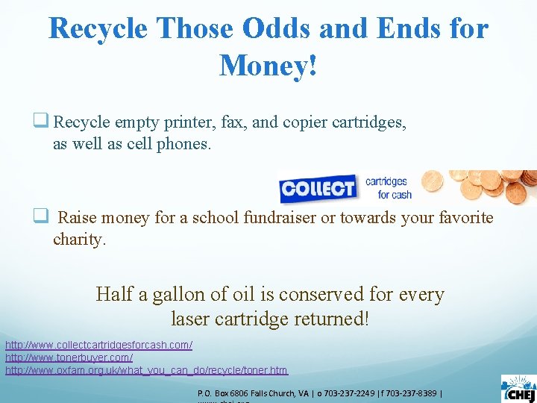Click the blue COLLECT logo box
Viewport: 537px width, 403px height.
[x=318, y=188]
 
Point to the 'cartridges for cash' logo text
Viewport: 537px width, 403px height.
[x=386, y=187]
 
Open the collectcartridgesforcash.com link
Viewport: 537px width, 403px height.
[x=98, y=345]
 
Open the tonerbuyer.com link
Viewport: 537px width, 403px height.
[x=69, y=357]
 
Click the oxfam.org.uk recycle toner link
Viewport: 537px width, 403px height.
[x=146, y=370]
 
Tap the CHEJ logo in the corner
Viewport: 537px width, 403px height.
[x=518, y=388]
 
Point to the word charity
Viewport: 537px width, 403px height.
[x=79, y=240]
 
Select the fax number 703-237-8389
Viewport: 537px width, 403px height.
[x=412, y=393]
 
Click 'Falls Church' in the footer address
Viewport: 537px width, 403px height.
[x=267, y=393]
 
